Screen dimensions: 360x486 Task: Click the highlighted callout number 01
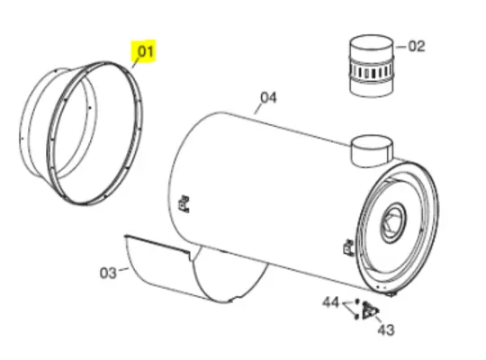[145, 51]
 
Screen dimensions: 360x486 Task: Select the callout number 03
[107, 271]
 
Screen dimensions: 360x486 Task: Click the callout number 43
[385, 329]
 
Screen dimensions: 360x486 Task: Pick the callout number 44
[330, 302]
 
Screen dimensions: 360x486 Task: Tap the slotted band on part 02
[372, 70]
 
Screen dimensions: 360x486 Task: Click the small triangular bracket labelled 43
[368, 310]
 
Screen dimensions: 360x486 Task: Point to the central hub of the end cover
[393, 219]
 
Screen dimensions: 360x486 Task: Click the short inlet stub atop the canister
[370, 149]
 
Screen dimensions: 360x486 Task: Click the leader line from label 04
[259, 108]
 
